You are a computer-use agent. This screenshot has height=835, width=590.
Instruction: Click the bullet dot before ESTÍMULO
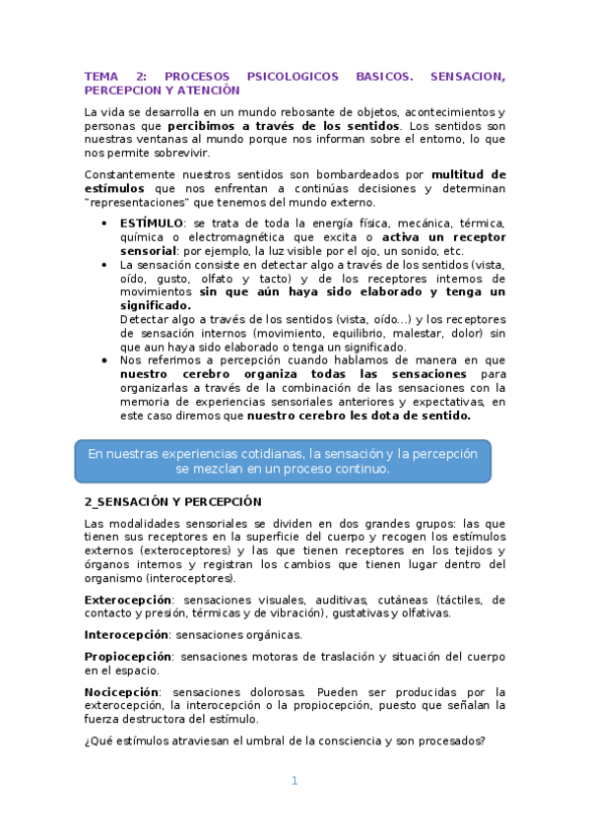pos(105,224)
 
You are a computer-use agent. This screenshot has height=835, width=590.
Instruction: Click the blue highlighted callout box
pos(283,461)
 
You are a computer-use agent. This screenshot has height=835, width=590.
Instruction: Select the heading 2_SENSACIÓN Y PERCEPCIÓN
pos(172,501)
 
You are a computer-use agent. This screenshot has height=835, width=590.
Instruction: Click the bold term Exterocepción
pos(128,599)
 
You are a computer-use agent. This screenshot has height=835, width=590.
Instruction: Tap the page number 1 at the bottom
pos(295,781)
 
